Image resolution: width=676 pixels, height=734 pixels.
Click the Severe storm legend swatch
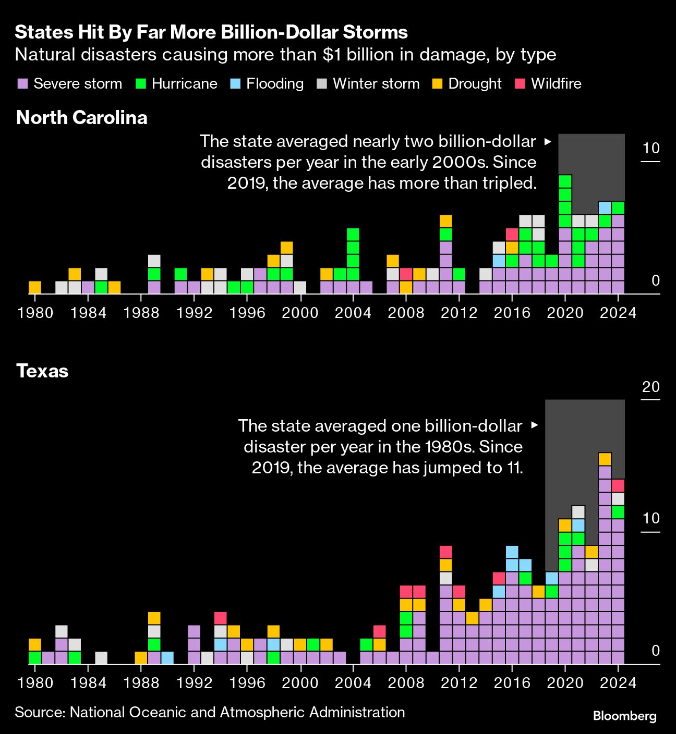click(x=22, y=84)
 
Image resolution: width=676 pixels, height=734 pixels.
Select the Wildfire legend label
click(x=556, y=84)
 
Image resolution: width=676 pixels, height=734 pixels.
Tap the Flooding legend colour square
click(x=235, y=84)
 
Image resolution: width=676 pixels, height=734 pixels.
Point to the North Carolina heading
click(x=82, y=118)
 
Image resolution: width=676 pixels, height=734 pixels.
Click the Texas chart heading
click(x=42, y=371)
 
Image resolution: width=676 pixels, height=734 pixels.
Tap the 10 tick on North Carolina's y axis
click(x=651, y=149)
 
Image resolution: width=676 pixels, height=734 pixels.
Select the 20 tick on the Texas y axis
click(x=651, y=387)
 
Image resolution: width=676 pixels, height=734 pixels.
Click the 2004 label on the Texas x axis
click(x=353, y=683)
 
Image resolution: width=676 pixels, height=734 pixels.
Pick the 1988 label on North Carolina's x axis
click(x=141, y=313)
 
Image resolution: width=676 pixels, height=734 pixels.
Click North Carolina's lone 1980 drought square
click(x=35, y=287)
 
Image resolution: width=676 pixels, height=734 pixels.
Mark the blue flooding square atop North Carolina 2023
click(x=605, y=208)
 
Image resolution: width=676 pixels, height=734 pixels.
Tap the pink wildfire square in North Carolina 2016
click(x=512, y=235)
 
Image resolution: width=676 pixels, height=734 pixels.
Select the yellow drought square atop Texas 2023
click(x=605, y=459)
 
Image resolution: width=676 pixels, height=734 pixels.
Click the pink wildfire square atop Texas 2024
click(x=618, y=486)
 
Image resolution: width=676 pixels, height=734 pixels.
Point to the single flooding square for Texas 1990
click(x=167, y=658)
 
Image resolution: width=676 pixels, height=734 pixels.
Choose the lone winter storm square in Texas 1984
click(x=101, y=658)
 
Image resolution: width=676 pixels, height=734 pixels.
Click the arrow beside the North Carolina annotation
click(x=547, y=141)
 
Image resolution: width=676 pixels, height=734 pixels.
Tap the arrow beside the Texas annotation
click(x=534, y=425)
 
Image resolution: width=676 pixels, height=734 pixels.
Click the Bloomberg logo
click(x=624, y=716)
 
